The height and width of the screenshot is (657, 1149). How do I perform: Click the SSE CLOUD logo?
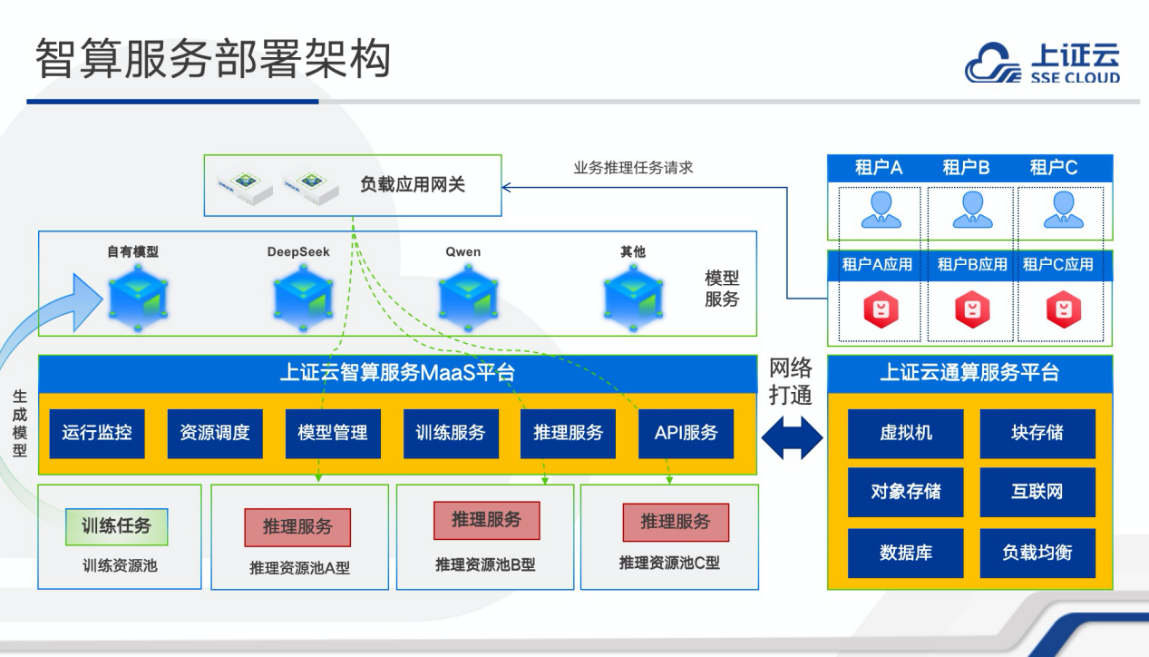coord(1042,62)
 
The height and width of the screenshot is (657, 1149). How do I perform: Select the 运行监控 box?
coord(97,433)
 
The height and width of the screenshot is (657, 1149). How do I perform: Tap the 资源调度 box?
coord(215,433)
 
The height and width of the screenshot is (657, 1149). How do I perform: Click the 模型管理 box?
coord(333,433)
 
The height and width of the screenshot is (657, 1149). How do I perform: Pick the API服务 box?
coord(686,433)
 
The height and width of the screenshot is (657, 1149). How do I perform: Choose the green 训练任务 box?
coord(116,526)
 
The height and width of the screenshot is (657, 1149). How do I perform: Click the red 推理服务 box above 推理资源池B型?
coord(486,521)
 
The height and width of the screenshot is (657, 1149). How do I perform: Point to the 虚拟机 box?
coord(905,433)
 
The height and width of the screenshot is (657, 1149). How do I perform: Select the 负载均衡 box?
coord(1037,553)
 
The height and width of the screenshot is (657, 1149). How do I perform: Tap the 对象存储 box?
coord(905,492)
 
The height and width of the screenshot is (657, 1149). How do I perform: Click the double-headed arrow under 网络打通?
coord(792,437)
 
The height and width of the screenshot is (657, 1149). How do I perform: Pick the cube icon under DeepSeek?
coord(303,298)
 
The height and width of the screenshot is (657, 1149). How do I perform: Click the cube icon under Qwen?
coord(468,298)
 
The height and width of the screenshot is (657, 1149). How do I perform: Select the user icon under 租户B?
coord(972,210)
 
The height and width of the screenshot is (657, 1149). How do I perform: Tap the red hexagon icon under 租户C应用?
coord(1064,309)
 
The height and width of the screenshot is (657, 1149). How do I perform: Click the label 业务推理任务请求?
coord(633,168)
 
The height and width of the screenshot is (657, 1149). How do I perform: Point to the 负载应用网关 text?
coord(413,184)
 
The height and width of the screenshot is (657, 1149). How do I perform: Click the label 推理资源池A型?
coord(299,568)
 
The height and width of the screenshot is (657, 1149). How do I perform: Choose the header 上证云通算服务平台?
coord(969,373)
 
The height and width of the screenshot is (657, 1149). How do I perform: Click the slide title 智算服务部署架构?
coord(213,58)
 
